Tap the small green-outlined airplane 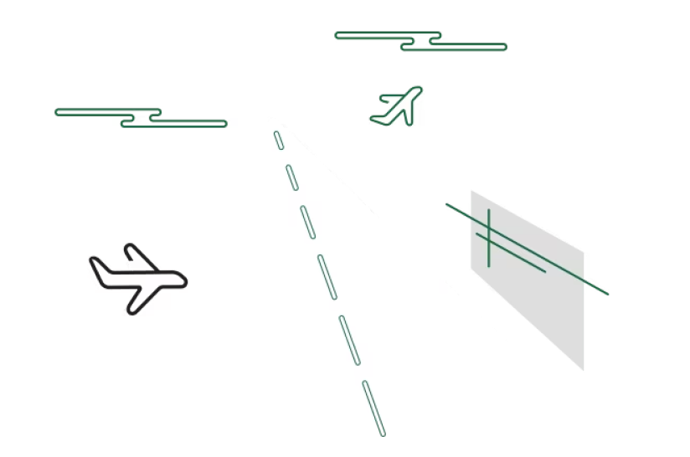pos(399,107)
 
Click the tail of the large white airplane pos(95,269)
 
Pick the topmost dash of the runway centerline pos(279,140)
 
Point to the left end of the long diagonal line pos(447,205)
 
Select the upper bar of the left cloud pos(107,110)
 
